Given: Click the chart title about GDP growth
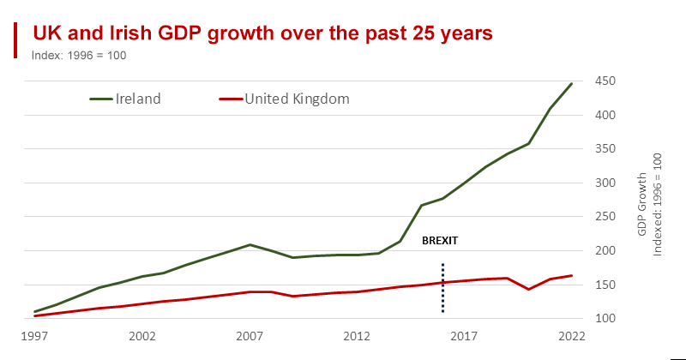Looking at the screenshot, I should (x=262, y=33).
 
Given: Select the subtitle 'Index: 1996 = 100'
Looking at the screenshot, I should (x=79, y=55).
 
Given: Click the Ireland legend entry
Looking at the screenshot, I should (x=126, y=99).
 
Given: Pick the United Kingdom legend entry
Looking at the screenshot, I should (x=286, y=99).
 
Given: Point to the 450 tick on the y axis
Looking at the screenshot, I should (x=606, y=81).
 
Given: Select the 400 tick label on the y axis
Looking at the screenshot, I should (x=606, y=115).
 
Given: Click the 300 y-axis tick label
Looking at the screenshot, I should (x=606, y=183).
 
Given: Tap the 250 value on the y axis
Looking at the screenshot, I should (x=606, y=217).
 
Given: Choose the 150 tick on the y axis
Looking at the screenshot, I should (x=606, y=285).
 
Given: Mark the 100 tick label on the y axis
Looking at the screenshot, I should (x=606, y=319).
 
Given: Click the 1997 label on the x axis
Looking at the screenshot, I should (x=35, y=337).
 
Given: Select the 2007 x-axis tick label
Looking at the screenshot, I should (x=250, y=337).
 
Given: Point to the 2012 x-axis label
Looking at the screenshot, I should (x=357, y=337).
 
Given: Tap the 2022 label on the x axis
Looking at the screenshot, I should (x=571, y=337).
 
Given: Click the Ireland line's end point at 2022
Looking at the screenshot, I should (x=571, y=84).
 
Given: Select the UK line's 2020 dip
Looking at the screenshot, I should (x=529, y=289).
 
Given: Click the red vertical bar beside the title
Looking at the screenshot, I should (x=15, y=40).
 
